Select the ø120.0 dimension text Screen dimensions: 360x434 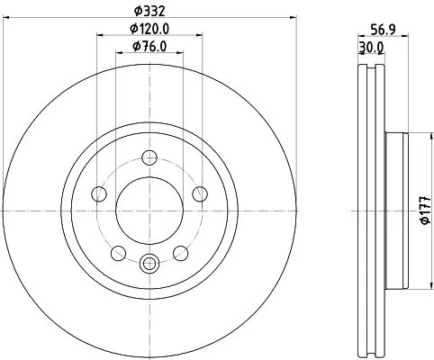149,30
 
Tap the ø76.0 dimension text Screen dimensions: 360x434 149,47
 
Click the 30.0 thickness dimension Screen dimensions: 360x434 370,46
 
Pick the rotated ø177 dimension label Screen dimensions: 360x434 423,211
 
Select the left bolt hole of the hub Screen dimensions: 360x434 99,194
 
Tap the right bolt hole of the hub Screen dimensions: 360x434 200,194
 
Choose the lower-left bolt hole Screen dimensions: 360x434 118,253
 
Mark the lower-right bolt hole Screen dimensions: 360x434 181,253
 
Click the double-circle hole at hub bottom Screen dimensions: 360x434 149,263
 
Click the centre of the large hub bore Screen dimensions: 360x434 149,210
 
